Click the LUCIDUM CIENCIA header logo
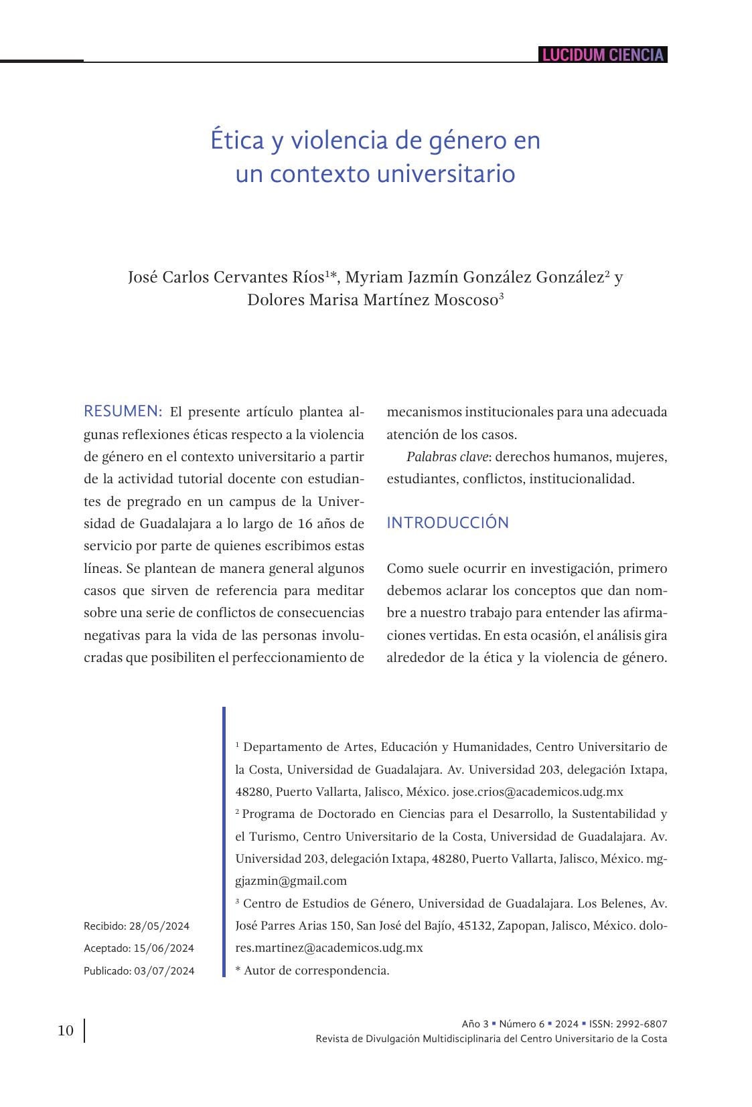point(603,55)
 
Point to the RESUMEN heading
point(123,411)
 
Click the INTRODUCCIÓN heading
point(447,523)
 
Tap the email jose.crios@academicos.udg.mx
point(538,792)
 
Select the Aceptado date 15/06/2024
point(164,948)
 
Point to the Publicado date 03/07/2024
point(164,970)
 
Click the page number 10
point(66,1030)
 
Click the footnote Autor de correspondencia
point(316,970)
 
